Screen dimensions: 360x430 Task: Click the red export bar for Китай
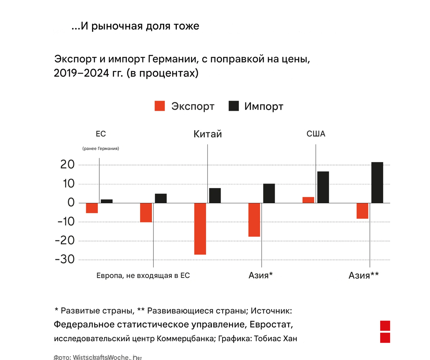tap(200, 229)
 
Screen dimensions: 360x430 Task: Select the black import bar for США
tap(323, 187)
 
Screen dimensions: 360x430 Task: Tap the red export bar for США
tap(308, 200)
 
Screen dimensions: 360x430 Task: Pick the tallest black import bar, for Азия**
tap(377, 183)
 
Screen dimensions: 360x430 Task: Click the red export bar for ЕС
tap(92, 208)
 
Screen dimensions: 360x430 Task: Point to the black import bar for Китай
tap(215, 196)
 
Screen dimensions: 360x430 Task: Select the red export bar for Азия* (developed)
tap(254, 220)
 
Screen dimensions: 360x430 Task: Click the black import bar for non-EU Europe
tap(161, 198)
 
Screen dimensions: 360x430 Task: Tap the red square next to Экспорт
tap(160, 106)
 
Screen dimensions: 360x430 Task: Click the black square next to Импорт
tap(233, 106)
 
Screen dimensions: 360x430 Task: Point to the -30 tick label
tap(65, 259)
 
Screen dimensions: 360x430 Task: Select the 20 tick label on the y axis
tap(67, 164)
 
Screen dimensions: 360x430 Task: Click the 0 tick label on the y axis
tap(71, 202)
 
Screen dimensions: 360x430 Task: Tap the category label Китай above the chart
tap(208, 134)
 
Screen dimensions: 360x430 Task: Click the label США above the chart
tap(316, 134)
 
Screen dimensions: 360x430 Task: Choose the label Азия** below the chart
tap(363, 276)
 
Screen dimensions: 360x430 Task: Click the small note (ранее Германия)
tap(101, 149)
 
